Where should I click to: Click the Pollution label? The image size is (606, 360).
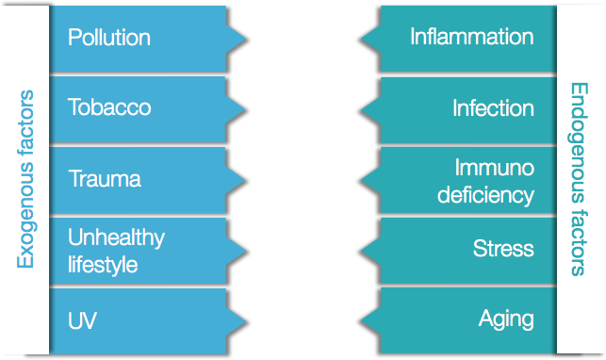point(108,38)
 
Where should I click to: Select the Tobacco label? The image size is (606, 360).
point(108,107)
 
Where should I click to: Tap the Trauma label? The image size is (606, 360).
point(104,178)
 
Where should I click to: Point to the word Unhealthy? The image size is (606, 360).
point(115,237)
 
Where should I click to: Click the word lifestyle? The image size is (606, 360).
point(103,265)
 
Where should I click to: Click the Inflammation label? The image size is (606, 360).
point(471,38)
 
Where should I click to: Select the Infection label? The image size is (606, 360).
point(492,107)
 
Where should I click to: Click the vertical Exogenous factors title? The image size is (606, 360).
point(25,179)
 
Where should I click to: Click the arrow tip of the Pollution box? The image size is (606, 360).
point(247,38)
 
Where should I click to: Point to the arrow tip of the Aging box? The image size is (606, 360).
point(361,319)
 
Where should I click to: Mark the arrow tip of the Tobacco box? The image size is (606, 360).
point(247,107)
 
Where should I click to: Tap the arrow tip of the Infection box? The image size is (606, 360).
point(361,107)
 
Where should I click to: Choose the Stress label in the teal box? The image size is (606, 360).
point(503,249)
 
